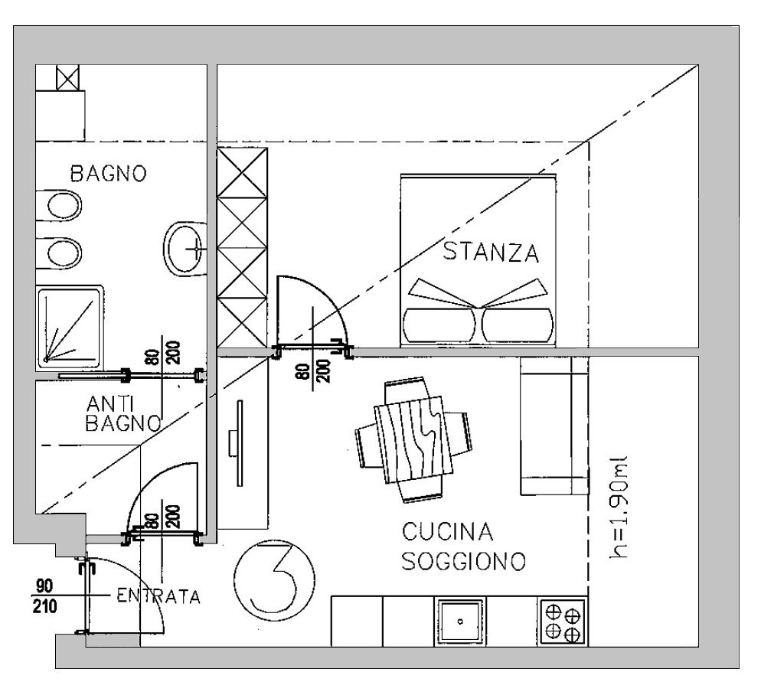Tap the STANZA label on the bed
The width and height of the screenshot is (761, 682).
tap(491, 253)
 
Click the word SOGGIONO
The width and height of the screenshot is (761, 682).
tap(464, 561)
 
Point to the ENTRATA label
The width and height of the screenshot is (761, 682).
tap(158, 596)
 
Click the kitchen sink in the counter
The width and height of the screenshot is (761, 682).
tap(459, 622)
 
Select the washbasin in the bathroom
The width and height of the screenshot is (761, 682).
tap(186, 249)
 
